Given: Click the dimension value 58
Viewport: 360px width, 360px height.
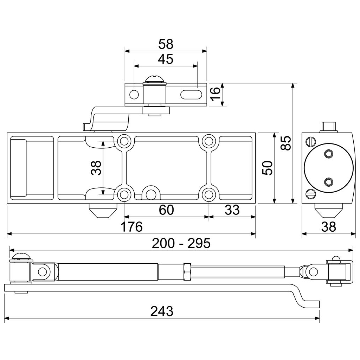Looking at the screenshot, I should (x=166, y=44).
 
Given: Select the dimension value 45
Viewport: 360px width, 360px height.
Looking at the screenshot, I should (x=165, y=59).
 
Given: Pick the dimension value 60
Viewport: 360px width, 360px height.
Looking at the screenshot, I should (x=166, y=210).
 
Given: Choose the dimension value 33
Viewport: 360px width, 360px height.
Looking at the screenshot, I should (x=232, y=210).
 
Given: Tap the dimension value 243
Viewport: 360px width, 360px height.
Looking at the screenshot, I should (x=162, y=311).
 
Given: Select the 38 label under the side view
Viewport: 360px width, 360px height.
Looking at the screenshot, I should (x=328, y=227).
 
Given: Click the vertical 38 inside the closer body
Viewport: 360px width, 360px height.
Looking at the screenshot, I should (x=96, y=168).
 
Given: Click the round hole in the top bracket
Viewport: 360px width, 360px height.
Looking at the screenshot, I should (x=134, y=94).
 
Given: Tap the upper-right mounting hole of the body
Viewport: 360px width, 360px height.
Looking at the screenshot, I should (x=209, y=141).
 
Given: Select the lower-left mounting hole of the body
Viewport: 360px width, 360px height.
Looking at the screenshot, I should (x=124, y=194).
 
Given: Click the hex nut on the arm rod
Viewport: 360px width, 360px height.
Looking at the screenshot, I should (x=187, y=272).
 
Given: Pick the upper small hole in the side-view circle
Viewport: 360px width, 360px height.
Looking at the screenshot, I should (x=329, y=154).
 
